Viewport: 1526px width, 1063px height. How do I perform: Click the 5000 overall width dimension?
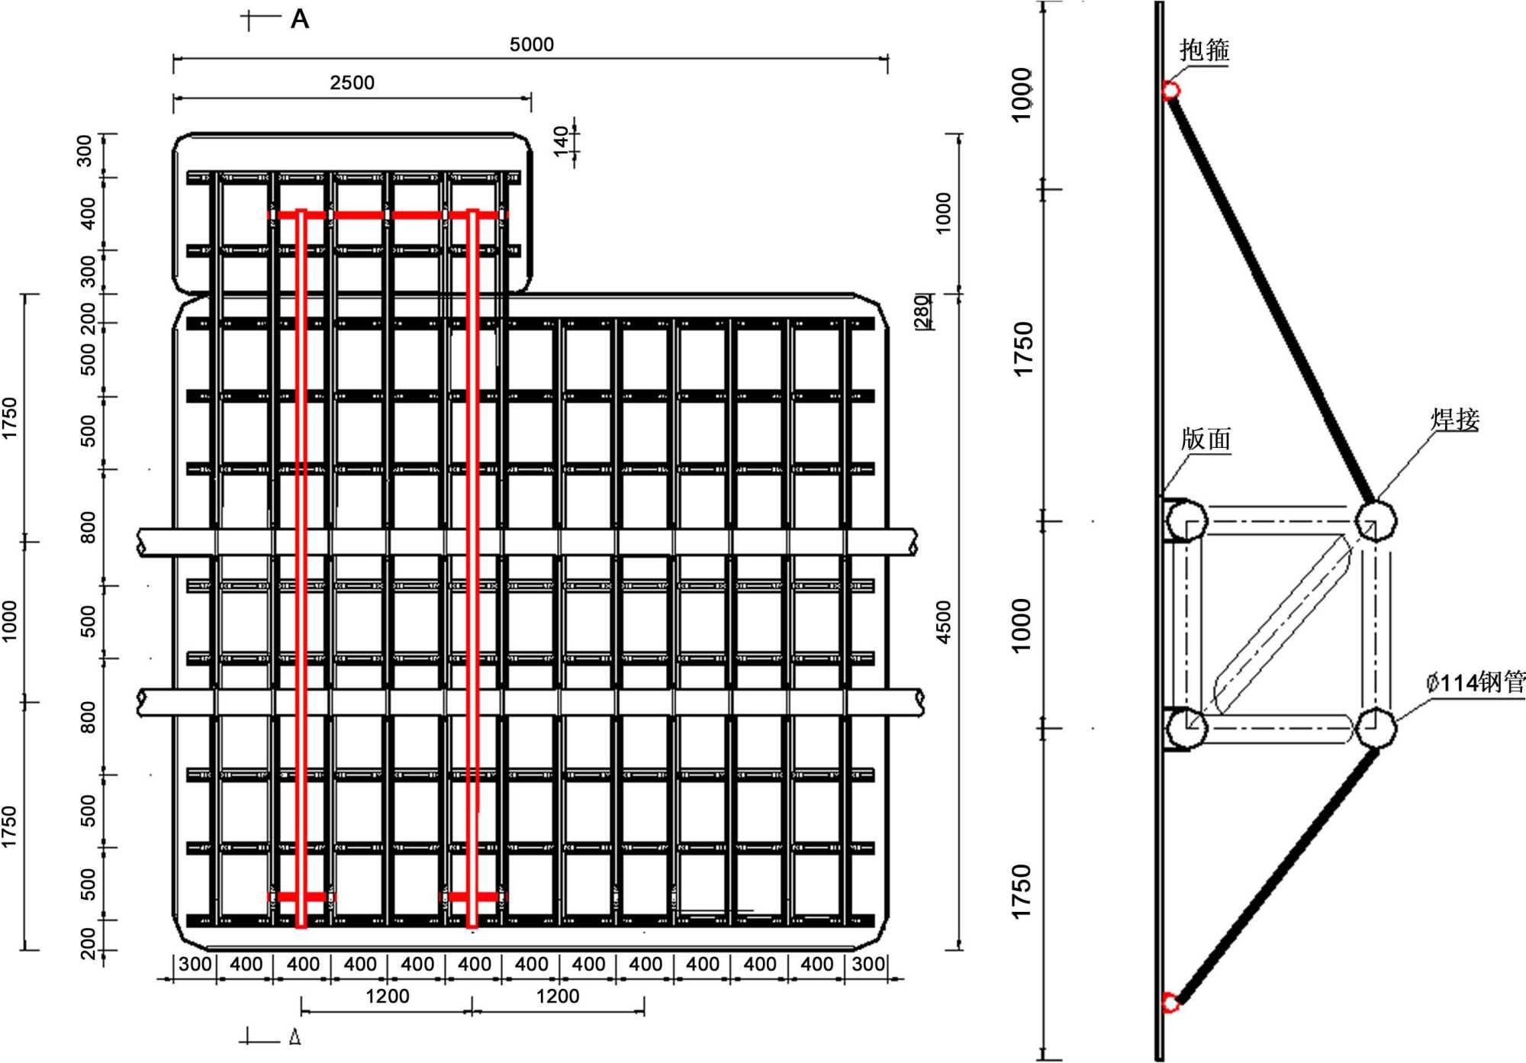pos(531,45)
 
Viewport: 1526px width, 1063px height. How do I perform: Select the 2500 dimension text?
pos(352,82)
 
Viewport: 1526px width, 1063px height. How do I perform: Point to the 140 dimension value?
pos(562,140)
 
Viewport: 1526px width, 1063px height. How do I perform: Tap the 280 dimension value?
pos(922,311)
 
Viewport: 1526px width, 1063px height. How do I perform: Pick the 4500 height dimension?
pos(944,622)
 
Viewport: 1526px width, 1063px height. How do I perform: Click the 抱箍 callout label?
pos(1204,50)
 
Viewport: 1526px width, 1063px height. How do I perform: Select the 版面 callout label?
pos(1206,439)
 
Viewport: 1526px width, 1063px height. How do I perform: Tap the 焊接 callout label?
pos(1454,420)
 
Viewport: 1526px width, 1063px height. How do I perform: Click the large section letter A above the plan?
pos(300,19)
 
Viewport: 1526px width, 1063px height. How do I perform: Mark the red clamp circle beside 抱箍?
pos(1170,91)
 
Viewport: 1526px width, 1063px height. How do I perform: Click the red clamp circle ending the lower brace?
pos(1169,1002)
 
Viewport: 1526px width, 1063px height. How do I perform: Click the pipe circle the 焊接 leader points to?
pos(1375,520)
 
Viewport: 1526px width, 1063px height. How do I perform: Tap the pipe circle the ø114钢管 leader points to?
pos(1375,727)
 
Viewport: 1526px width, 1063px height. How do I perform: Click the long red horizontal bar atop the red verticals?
pos(388,215)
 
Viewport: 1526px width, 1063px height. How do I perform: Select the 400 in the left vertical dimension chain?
pos(88,214)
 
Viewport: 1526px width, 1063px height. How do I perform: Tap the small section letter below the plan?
pos(295,1037)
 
